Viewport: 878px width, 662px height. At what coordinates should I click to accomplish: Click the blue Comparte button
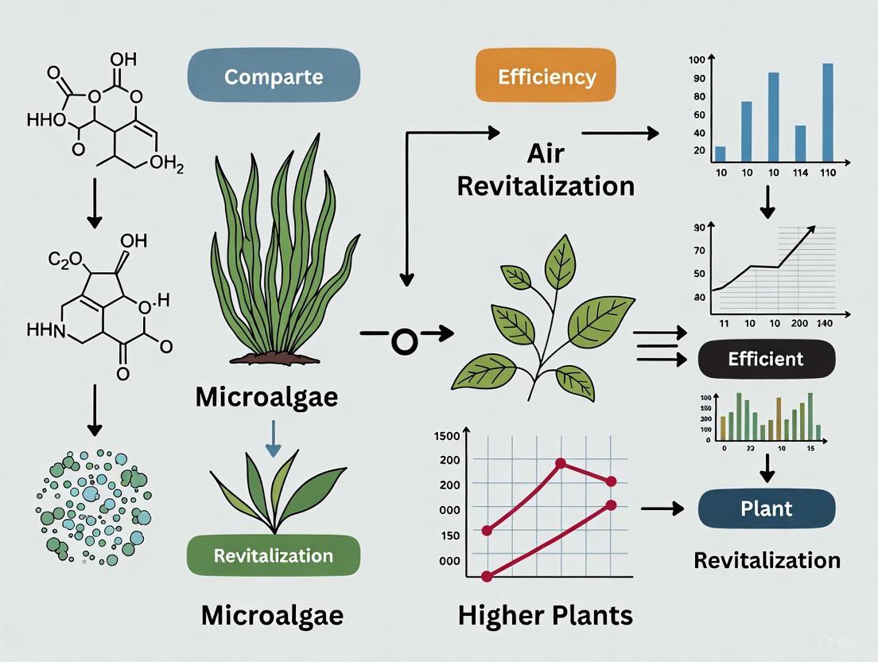[273, 77]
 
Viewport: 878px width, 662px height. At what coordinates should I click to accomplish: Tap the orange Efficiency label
[546, 77]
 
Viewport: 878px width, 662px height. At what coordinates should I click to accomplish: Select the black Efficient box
[766, 359]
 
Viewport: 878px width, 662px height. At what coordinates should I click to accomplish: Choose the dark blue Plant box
[766, 508]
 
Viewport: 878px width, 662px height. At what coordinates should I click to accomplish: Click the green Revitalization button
[273, 555]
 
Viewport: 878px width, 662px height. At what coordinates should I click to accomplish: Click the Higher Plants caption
[545, 614]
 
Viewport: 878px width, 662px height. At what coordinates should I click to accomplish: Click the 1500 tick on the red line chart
[444, 436]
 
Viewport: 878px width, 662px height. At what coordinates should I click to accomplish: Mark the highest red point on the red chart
[561, 463]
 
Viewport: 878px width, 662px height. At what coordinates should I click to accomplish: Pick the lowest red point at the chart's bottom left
[487, 576]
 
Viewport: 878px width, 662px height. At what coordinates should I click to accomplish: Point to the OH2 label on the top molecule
[165, 165]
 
